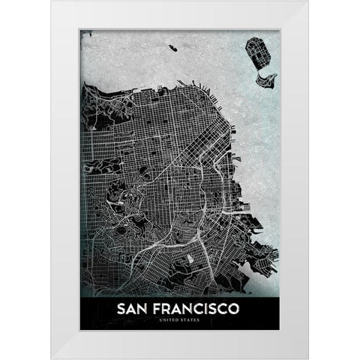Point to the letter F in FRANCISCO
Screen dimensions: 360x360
pyautogui.click(x=158, y=309)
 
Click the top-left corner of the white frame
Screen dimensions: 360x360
pyautogui.click(x=52, y=2)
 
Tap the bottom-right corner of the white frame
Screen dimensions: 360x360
pyautogui.click(x=308, y=358)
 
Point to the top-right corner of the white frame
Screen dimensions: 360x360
pyautogui.click(x=308, y=2)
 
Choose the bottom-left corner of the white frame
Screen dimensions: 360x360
pyautogui.click(x=52, y=358)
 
